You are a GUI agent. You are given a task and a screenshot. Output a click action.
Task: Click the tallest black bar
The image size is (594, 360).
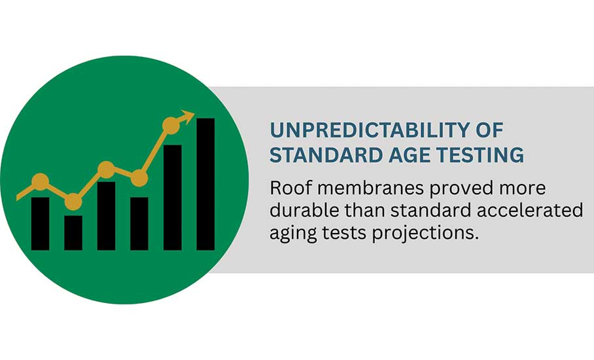click(x=205, y=184)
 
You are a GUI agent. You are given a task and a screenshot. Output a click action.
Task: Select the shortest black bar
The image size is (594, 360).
click(x=73, y=232)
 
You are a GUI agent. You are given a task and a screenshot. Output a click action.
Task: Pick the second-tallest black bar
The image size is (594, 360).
click(x=172, y=198)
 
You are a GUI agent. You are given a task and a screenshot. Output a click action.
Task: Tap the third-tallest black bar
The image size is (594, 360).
click(x=106, y=216)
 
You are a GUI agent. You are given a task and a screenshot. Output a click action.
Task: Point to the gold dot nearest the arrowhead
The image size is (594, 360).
click(x=171, y=126)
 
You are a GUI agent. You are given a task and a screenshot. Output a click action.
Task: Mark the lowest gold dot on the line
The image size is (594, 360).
click(x=73, y=202)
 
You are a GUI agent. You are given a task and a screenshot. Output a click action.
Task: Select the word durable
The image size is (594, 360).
click(x=304, y=210)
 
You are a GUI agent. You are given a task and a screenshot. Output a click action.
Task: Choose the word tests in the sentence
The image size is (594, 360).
click(x=344, y=232)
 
